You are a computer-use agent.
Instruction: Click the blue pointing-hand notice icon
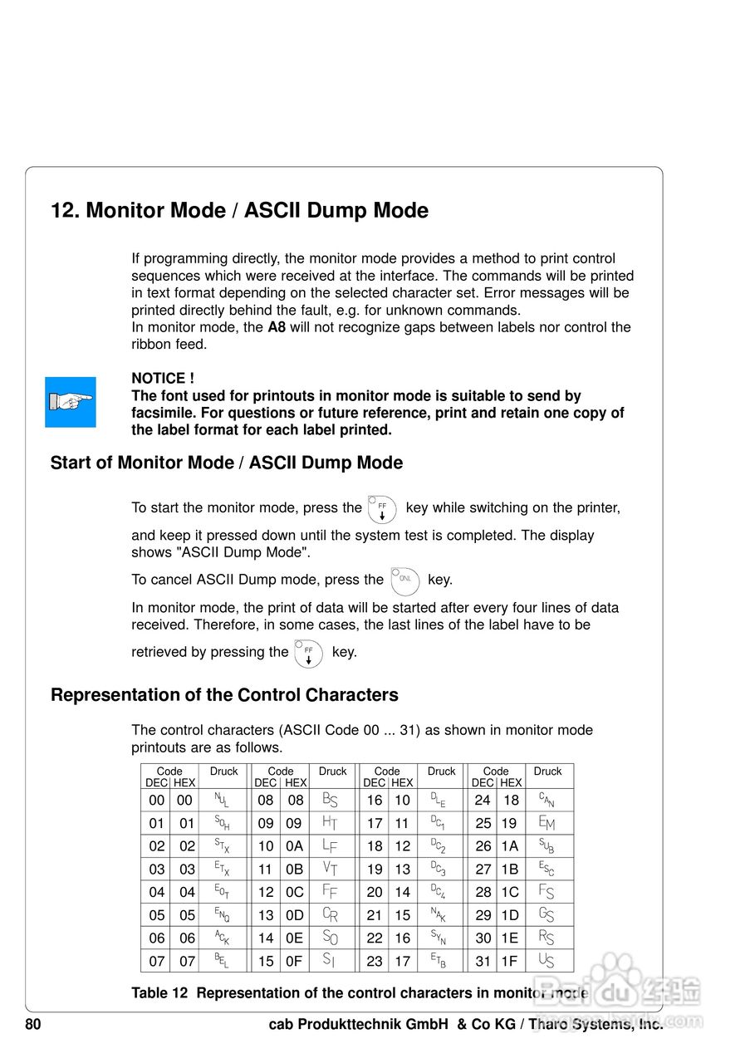pos(71,402)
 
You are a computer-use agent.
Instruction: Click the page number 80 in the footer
pos(33,1025)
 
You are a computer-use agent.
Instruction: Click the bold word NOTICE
pos(158,379)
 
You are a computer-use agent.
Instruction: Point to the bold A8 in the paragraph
pos(277,327)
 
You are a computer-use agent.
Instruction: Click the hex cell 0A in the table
pos(295,846)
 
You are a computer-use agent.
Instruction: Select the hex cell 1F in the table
pos(509,962)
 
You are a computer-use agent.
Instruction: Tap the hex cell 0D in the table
pos(295,915)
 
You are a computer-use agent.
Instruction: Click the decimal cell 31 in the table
pos(483,962)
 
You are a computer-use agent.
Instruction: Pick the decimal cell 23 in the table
pos(375,962)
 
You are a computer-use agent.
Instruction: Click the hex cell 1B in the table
pos(509,870)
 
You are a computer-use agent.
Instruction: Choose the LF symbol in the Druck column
pos(330,846)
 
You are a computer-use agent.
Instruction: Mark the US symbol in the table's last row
pos(546,962)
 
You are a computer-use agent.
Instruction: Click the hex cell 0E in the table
pos(295,938)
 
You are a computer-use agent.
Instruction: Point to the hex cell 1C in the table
pos(509,893)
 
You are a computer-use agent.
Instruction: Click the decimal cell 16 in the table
pos(375,801)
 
